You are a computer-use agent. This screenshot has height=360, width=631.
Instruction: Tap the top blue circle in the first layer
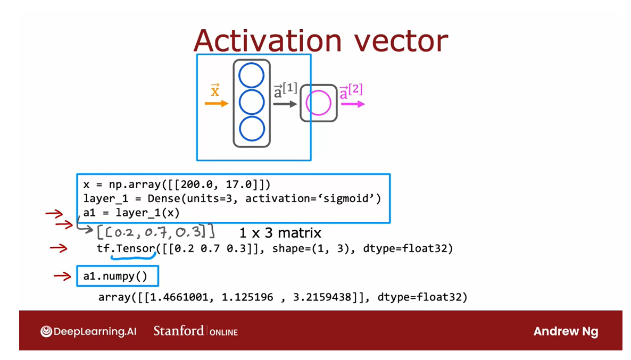pyautogui.click(x=251, y=76)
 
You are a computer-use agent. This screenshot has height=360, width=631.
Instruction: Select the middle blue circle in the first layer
pyautogui.click(x=251, y=103)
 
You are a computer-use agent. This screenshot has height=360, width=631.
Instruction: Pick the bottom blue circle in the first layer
pyautogui.click(x=251, y=130)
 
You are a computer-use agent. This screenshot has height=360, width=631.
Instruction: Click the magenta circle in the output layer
pyautogui.click(x=319, y=103)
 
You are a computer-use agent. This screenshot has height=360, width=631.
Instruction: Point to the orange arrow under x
pyautogui.click(x=216, y=103)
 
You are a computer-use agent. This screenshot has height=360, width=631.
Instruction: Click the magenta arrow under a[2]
pyautogui.click(x=352, y=104)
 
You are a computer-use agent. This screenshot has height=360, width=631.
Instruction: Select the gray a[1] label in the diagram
pyautogui.click(x=285, y=90)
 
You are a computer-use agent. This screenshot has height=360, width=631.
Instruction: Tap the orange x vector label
pyautogui.click(x=215, y=90)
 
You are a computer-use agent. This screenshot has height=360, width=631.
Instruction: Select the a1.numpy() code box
pyautogui.click(x=118, y=276)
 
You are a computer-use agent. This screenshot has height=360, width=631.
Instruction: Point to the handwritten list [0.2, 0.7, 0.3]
pyautogui.click(x=155, y=232)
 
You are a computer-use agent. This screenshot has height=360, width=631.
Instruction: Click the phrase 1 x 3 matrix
pyautogui.click(x=280, y=232)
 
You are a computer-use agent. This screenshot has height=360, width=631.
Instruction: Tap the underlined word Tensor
pyautogui.click(x=135, y=248)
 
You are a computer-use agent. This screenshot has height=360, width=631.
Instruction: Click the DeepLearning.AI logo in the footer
pyautogui.click(x=88, y=331)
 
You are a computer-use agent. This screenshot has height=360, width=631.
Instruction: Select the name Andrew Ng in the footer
pyautogui.click(x=566, y=331)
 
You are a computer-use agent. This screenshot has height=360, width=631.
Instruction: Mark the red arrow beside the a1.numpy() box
pyautogui.click(x=62, y=275)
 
